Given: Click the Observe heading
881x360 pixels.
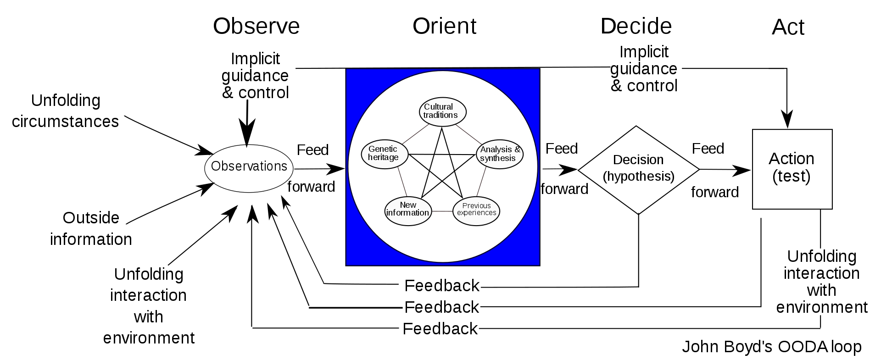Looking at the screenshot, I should (256, 26).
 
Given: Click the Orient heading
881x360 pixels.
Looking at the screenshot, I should (444, 26).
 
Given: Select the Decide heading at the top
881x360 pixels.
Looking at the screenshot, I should (636, 26).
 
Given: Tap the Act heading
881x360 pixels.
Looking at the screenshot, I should (788, 28).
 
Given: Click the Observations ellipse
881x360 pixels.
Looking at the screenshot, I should (249, 166).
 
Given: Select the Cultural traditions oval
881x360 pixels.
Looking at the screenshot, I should (442, 111).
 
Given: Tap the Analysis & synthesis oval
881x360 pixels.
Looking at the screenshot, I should (500, 154).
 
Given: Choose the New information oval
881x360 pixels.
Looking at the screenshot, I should (408, 209).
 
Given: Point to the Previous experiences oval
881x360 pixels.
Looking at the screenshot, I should (476, 210).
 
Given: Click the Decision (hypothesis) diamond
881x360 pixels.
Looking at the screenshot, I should (638, 168).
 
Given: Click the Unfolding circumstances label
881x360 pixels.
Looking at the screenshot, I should (65, 111).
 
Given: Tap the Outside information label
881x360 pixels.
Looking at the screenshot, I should (91, 228).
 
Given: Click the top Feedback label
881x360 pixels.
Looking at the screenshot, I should (441, 286).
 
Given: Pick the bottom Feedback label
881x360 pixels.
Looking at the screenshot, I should (440, 329).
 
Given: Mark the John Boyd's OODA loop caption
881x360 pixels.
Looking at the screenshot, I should (771, 346).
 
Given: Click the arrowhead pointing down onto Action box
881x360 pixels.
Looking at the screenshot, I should (787, 121).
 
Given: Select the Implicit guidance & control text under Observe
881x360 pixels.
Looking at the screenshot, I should (255, 76).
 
